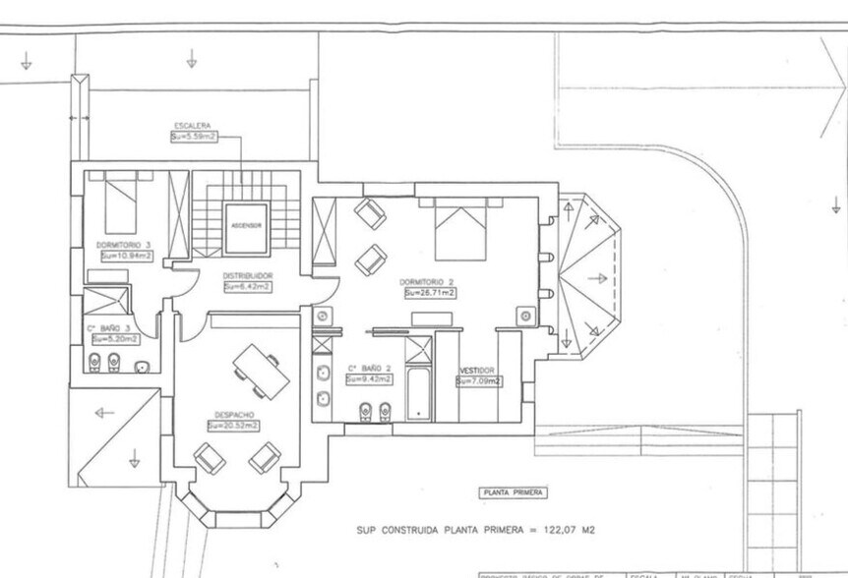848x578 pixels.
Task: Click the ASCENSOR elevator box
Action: [245, 226]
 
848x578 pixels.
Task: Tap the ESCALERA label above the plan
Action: [192, 126]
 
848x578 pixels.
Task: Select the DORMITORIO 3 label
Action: [123, 244]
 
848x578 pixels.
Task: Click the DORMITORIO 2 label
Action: [428, 281]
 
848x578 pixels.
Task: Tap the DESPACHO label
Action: [233, 415]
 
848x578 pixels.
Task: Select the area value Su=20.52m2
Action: [233, 426]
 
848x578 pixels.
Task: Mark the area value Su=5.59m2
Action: [193, 137]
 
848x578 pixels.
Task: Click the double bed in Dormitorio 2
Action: [460, 232]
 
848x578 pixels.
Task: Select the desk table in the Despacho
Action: [262, 369]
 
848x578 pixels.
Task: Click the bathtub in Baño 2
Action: [419, 393]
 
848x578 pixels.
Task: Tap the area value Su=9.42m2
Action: [368, 379]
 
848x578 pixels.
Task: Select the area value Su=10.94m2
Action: [125, 255]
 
